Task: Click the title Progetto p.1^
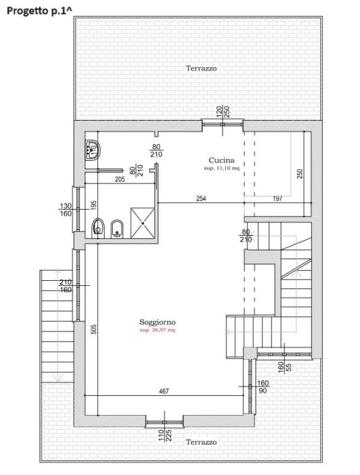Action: coord(40,11)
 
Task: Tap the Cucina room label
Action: coord(221,160)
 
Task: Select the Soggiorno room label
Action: coord(157,322)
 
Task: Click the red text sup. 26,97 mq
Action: coord(157,330)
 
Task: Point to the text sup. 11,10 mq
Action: coord(221,168)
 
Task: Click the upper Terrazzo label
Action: coord(201,68)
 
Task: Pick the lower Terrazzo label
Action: coord(201,442)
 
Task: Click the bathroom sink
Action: coord(92,150)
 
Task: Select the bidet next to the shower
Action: coord(117,229)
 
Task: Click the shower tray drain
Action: coord(142,223)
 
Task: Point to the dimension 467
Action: coord(164,392)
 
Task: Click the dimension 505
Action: coord(93,329)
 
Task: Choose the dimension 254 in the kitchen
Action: coord(201,199)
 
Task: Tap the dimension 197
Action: coord(277,199)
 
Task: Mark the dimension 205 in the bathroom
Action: coord(120,179)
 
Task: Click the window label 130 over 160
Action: coord(66,210)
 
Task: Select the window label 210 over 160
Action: coord(66,286)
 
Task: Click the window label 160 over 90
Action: coord(262,387)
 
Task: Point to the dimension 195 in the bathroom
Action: coord(93,205)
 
